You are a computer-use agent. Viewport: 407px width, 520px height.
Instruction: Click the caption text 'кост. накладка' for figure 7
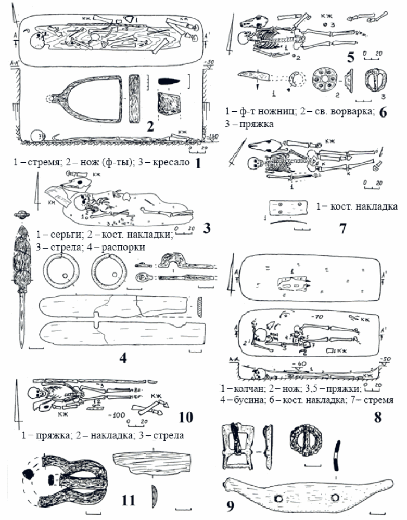pos(359,206)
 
